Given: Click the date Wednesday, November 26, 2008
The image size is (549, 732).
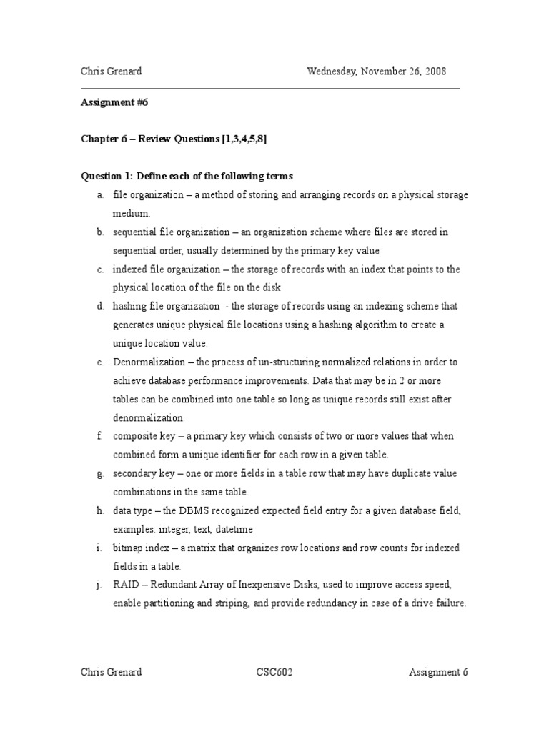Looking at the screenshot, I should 377,71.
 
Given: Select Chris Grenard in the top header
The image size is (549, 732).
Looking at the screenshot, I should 111,71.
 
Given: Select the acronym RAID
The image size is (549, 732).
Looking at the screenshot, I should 124,585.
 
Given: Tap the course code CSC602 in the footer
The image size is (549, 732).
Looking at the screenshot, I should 275,672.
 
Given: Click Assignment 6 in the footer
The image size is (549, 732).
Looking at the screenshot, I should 438,672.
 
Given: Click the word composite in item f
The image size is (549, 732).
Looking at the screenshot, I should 135,436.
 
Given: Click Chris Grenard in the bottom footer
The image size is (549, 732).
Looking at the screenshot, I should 111,672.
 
